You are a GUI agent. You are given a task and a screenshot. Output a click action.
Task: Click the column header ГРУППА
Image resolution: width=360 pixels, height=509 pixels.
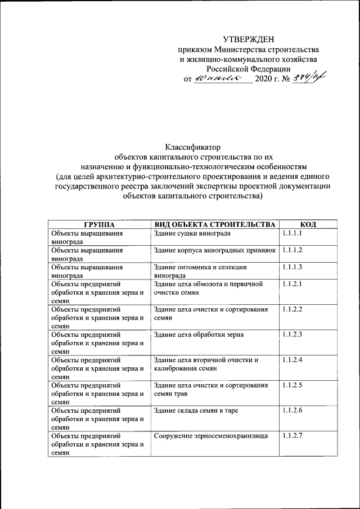(x=99, y=224)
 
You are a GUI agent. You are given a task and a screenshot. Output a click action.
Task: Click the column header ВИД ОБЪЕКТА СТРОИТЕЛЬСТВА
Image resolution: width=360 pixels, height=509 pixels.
(x=214, y=224)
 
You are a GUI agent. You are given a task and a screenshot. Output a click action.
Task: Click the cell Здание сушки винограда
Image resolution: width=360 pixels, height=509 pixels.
(x=192, y=233)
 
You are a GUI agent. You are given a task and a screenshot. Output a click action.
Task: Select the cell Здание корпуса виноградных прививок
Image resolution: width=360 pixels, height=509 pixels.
(x=214, y=250)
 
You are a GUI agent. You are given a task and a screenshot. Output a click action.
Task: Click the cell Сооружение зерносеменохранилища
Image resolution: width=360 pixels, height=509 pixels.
(x=209, y=436)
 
